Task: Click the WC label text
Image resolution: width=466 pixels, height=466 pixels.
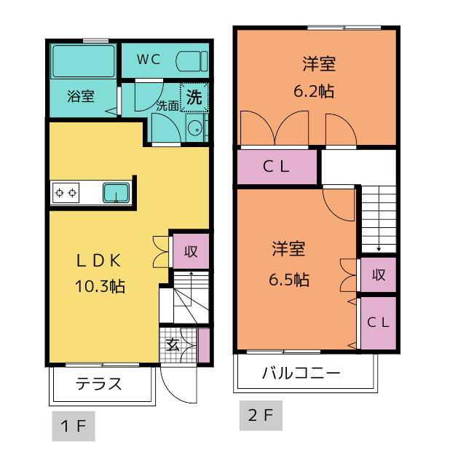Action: [149, 60]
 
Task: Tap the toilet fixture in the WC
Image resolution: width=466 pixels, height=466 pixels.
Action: [191, 61]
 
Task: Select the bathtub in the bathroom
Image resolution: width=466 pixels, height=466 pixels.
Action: [84, 61]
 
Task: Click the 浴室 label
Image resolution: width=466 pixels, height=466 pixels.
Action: [81, 96]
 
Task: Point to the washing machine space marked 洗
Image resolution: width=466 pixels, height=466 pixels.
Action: [194, 97]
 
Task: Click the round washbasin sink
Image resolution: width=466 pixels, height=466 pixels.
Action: [195, 128]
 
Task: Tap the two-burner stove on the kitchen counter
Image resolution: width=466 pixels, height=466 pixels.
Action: [66, 193]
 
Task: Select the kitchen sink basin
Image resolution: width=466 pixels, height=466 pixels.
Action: [116, 192]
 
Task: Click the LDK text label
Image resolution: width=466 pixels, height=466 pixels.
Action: [99, 261]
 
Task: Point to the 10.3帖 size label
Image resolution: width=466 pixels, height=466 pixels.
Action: [100, 286]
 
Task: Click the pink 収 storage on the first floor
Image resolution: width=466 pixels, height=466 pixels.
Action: [191, 251]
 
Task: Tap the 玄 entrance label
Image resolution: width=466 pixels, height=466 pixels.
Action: [173, 344]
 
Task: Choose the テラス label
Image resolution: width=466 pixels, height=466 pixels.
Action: [99, 384]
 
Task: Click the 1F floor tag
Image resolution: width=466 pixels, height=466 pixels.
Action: [74, 426]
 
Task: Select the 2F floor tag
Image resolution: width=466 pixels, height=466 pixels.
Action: [261, 415]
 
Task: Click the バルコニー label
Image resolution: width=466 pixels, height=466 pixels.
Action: [301, 373]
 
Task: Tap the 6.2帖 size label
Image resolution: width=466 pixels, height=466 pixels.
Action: [314, 91]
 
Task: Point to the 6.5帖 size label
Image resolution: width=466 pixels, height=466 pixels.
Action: [289, 280]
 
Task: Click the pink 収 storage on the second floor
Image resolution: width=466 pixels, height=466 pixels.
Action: [379, 275]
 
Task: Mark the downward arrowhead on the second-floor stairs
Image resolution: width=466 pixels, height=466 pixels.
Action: [379, 249]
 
